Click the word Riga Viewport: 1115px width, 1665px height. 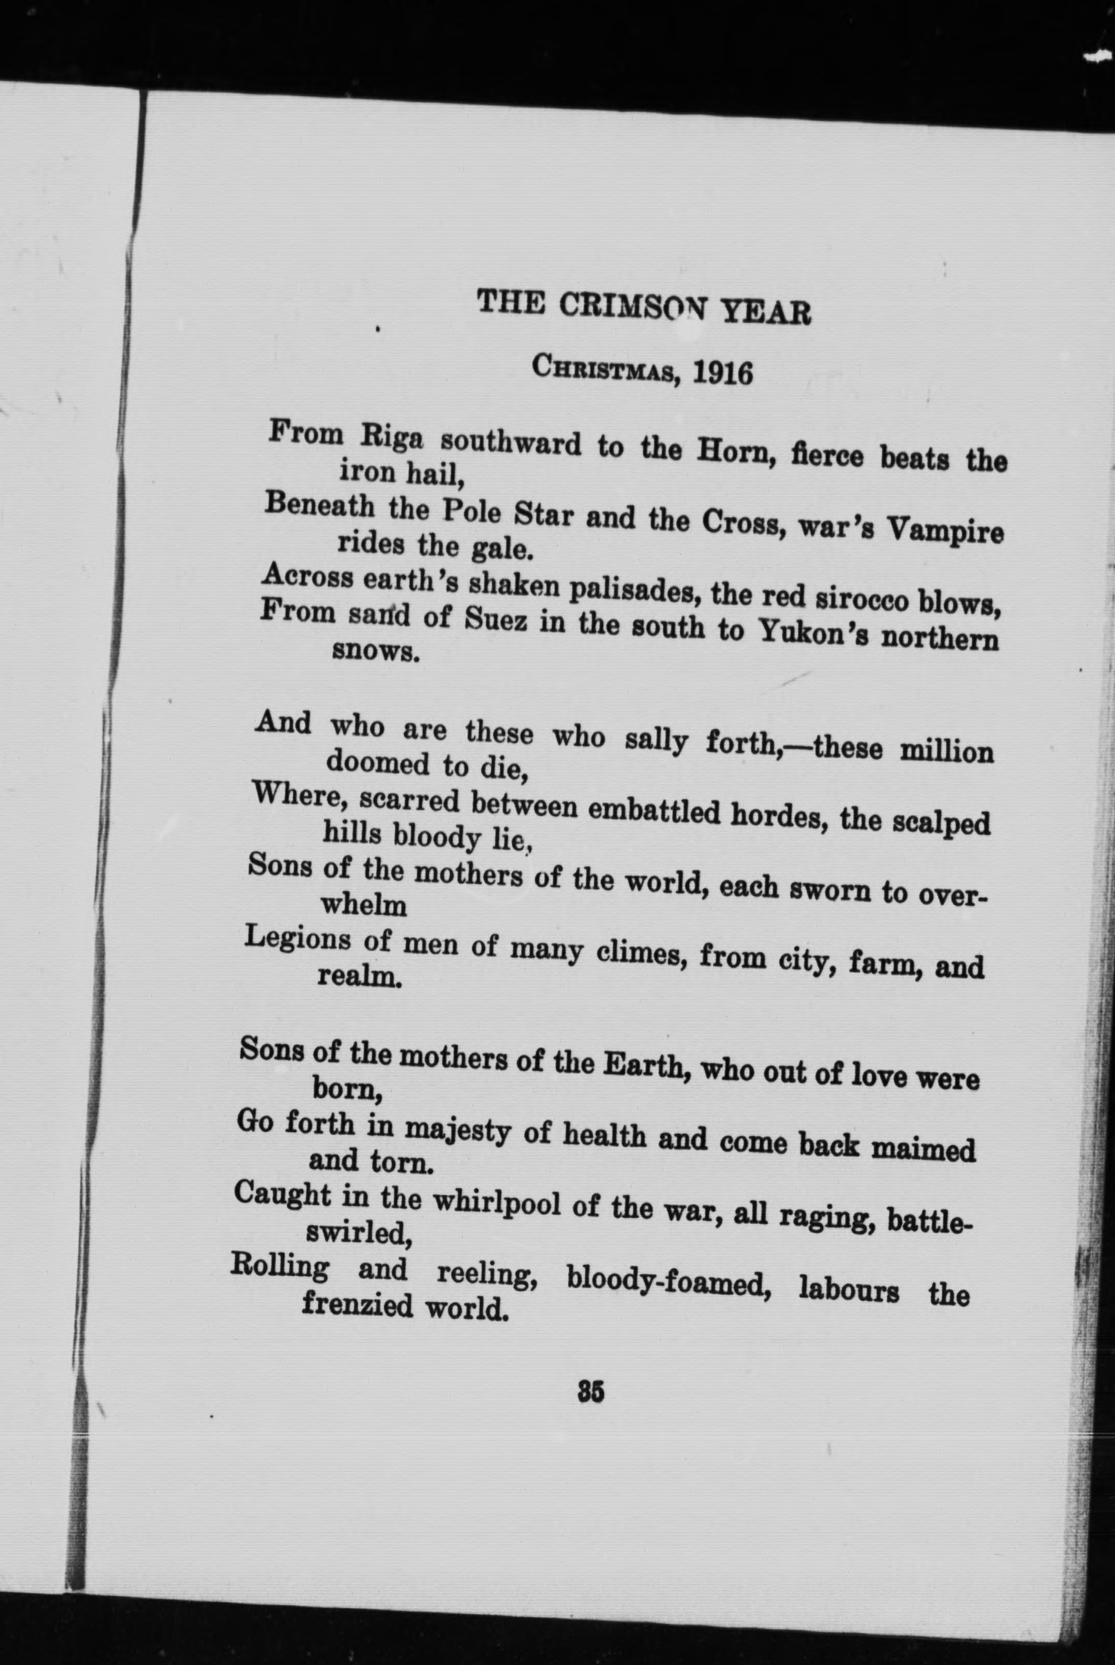click(x=393, y=438)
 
